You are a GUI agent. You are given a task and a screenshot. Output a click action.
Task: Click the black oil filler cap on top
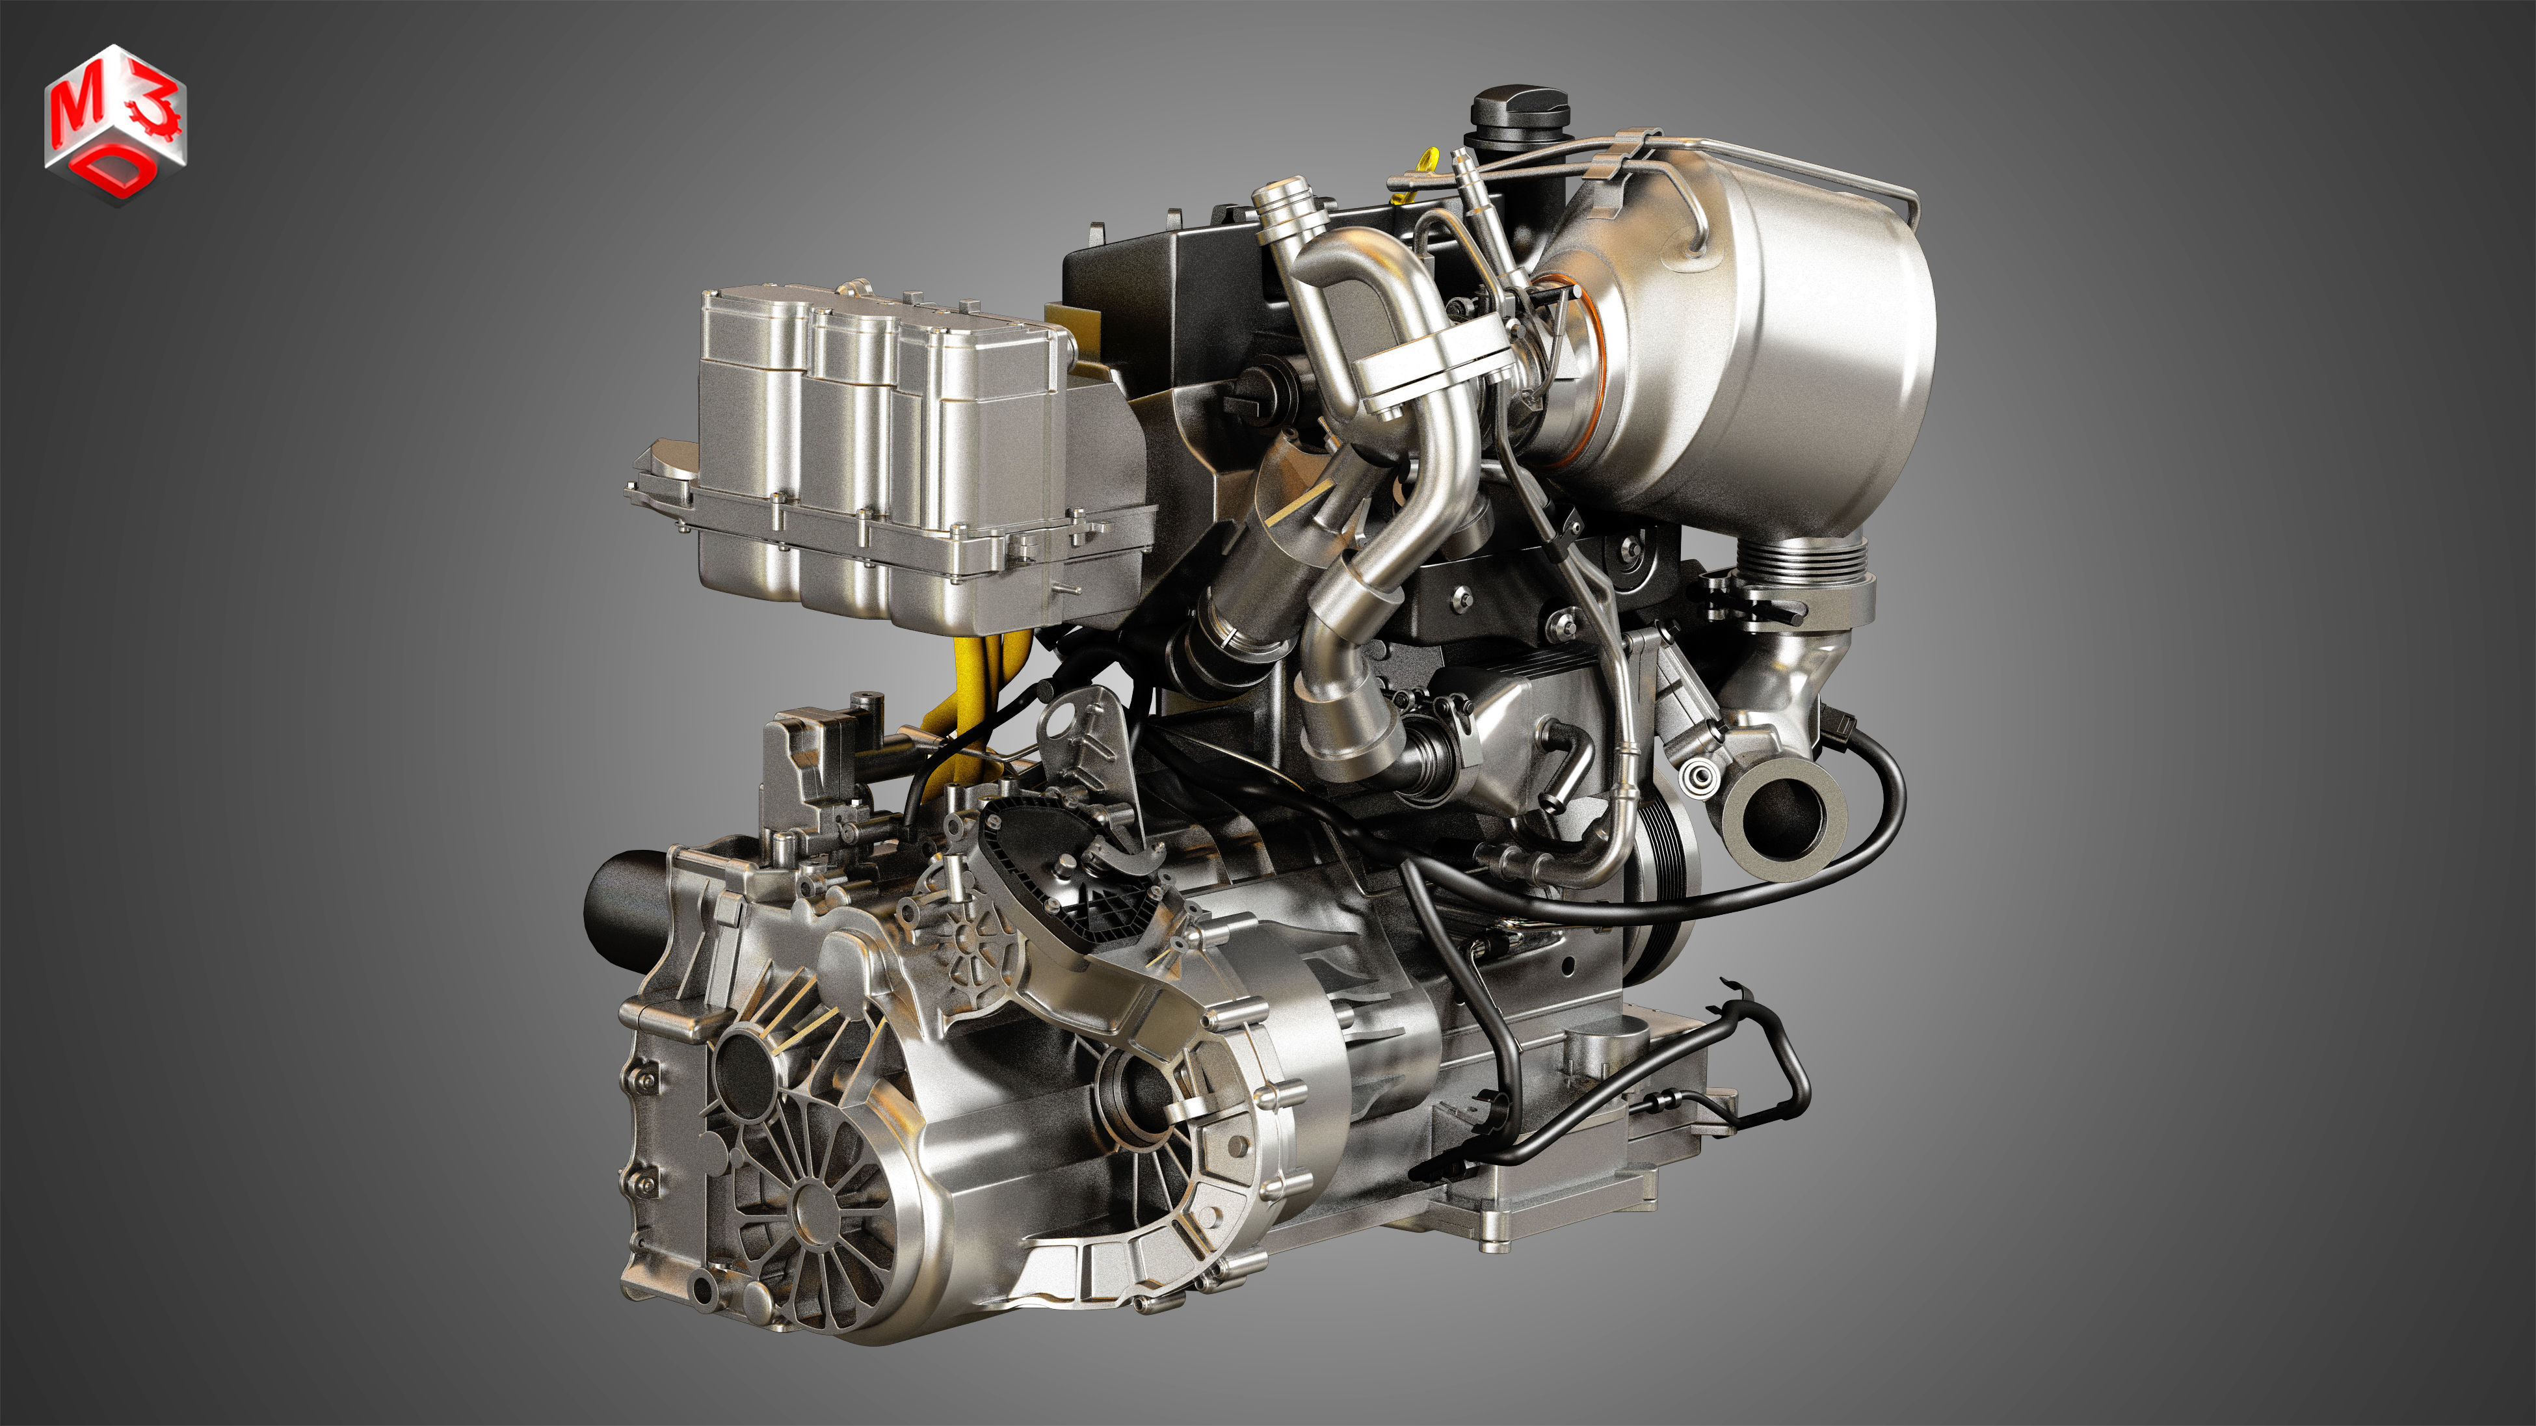point(1519,118)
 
